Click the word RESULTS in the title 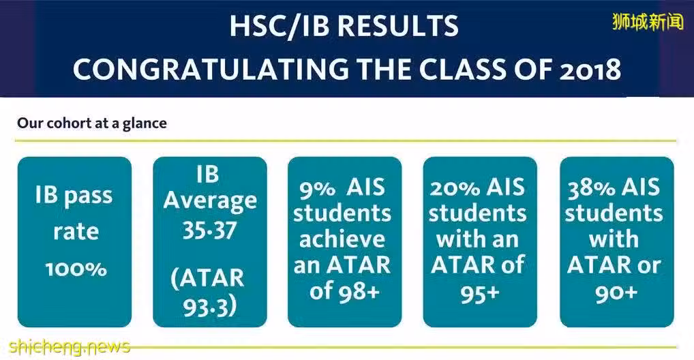(x=398, y=26)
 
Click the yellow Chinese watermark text (x=648, y=21)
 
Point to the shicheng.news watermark (x=70, y=346)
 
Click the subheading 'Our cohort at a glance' (x=92, y=123)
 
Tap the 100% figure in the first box (x=76, y=269)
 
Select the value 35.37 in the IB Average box (x=209, y=230)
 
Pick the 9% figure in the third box (x=317, y=189)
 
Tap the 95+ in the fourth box (x=480, y=294)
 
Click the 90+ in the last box (x=616, y=294)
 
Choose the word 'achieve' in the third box (x=342, y=239)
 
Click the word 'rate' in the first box (x=76, y=232)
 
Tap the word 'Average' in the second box (x=210, y=200)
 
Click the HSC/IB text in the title (x=280, y=26)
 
